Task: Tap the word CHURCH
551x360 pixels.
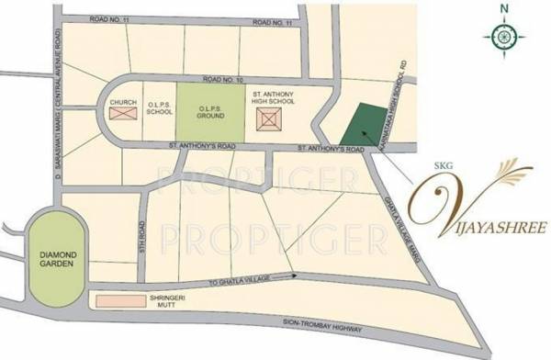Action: [x=122, y=101]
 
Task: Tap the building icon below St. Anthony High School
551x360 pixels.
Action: [x=269, y=118]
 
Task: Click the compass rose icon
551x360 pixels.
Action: [x=504, y=35]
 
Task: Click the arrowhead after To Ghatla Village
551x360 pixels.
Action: [x=294, y=273]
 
